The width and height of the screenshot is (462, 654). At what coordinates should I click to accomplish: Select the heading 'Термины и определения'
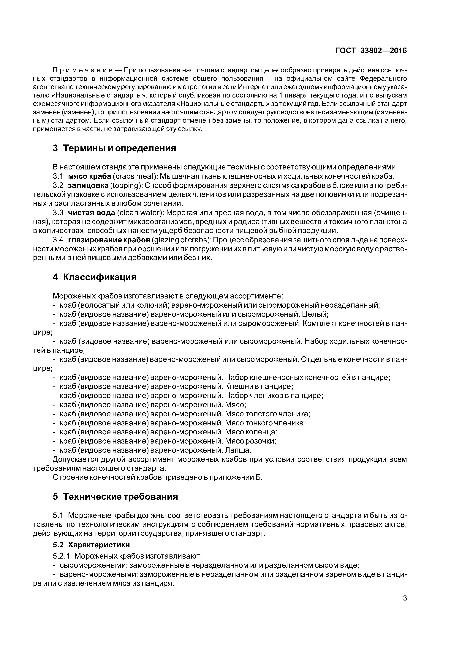[119, 148]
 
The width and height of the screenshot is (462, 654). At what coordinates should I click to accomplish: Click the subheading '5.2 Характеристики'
[91, 545]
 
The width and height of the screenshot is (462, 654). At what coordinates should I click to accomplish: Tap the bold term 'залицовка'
[88, 185]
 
